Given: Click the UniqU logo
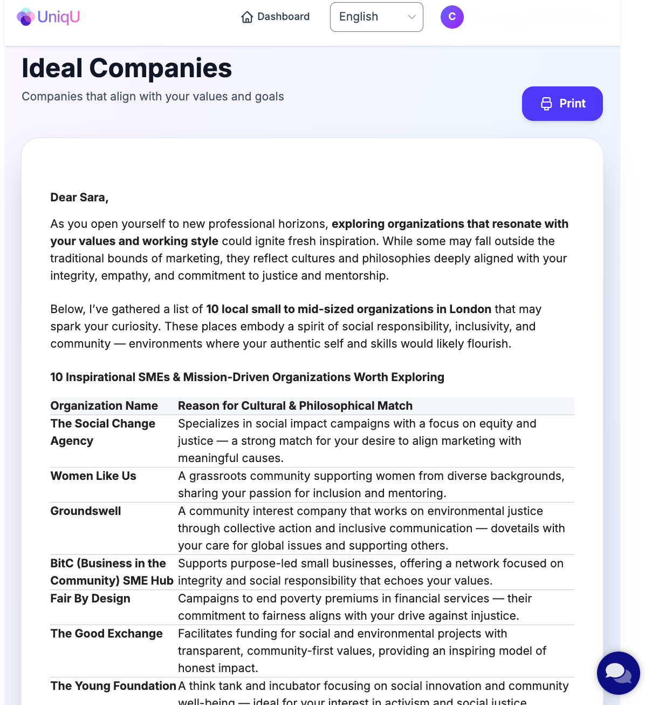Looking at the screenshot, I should click(x=49, y=17).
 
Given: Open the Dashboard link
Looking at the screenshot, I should click(x=276, y=17).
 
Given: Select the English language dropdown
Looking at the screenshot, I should click(x=376, y=17).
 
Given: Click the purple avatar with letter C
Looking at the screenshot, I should click(x=452, y=17).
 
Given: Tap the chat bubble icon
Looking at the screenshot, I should click(x=617, y=673).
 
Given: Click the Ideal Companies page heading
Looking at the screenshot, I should click(x=127, y=68).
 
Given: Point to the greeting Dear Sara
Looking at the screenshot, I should click(x=79, y=198).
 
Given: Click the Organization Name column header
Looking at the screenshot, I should click(x=104, y=406).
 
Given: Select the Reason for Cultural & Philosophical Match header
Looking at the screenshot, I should click(x=295, y=406).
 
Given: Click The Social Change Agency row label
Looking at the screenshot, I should click(x=102, y=432).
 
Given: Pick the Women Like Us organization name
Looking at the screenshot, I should click(x=93, y=476).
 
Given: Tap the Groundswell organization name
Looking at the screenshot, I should click(x=86, y=511).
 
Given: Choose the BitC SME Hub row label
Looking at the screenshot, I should click(x=112, y=572).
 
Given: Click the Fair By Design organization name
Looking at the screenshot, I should click(x=91, y=599).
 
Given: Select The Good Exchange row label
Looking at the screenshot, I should click(x=106, y=634).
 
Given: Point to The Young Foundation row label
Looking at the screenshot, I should click(x=113, y=686).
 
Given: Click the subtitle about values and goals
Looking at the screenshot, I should click(x=153, y=97).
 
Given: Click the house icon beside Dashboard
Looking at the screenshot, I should click(x=247, y=17).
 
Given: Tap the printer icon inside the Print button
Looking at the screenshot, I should click(x=546, y=104).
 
